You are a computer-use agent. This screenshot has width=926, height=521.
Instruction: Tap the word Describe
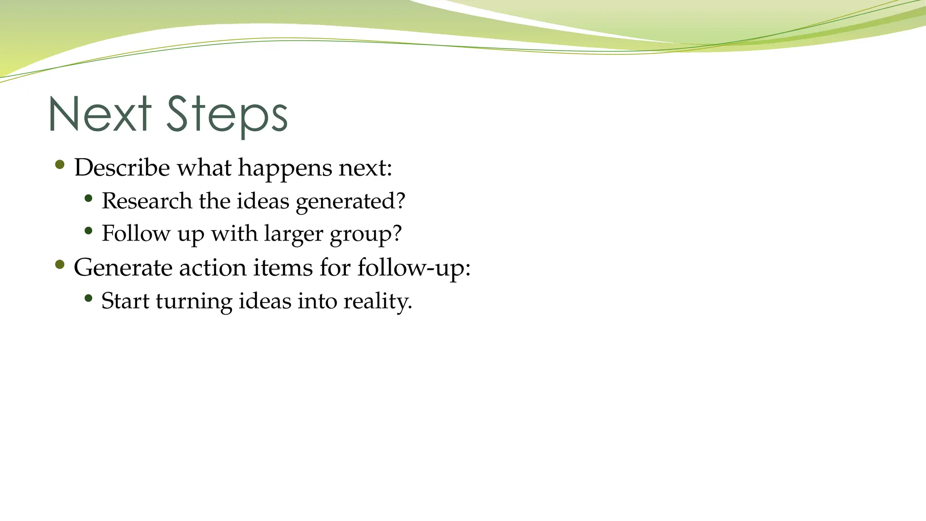pos(122,167)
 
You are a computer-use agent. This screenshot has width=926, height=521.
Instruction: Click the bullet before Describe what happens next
pos(60,165)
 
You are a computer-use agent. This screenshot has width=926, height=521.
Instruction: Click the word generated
pos(350,202)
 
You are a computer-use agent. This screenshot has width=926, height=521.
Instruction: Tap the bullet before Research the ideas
pos(89,198)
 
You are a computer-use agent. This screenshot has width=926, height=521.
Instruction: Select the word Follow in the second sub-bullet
pos(136,233)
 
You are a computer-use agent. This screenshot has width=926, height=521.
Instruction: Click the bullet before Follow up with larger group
pos(89,231)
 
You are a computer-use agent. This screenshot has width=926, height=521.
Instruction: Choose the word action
pos(213,267)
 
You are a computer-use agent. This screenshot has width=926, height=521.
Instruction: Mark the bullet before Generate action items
pos(60,265)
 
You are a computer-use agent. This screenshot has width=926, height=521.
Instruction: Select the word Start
pos(125,301)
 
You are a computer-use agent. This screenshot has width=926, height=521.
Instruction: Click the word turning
pos(194,302)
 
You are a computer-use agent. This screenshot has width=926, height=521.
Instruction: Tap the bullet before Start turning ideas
pos(89,298)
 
